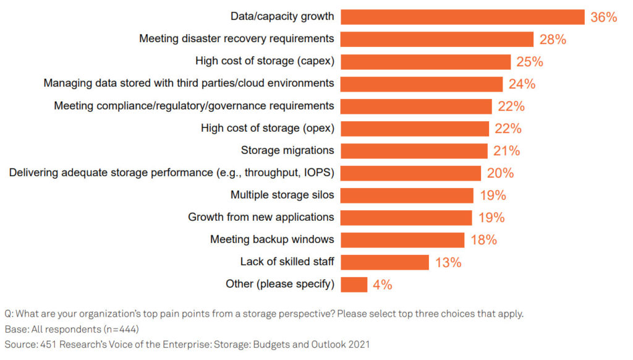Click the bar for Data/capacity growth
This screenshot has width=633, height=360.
(x=462, y=17)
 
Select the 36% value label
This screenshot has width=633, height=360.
(x=603, y=17)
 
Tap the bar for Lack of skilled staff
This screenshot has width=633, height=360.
(x=384, y=262)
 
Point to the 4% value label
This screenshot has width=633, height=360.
(x=382, y=285)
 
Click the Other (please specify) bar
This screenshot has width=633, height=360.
(x=354, y=285)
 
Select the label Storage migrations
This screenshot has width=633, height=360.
(x=287, y=150)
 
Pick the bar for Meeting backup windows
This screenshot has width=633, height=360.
(x=402, y=240)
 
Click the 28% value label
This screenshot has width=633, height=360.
(x=553, y=39)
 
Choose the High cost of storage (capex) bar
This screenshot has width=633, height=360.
(x=425, y=62)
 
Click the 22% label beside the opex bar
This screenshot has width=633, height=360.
(x=508, y=129)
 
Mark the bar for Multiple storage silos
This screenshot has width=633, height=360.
(x=407, y=195)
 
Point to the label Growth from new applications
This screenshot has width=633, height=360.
(x=261, y=217)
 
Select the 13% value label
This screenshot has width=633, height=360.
(x=448, y=262)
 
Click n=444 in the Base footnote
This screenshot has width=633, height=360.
(x=121, y=329)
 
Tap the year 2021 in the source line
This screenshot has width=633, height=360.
(x=359, y=345)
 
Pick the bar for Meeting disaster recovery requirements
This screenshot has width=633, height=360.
(x=437, y=40)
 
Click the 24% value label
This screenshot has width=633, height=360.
(x=522, y=84)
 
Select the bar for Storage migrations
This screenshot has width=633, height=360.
(x=414, y=151)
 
